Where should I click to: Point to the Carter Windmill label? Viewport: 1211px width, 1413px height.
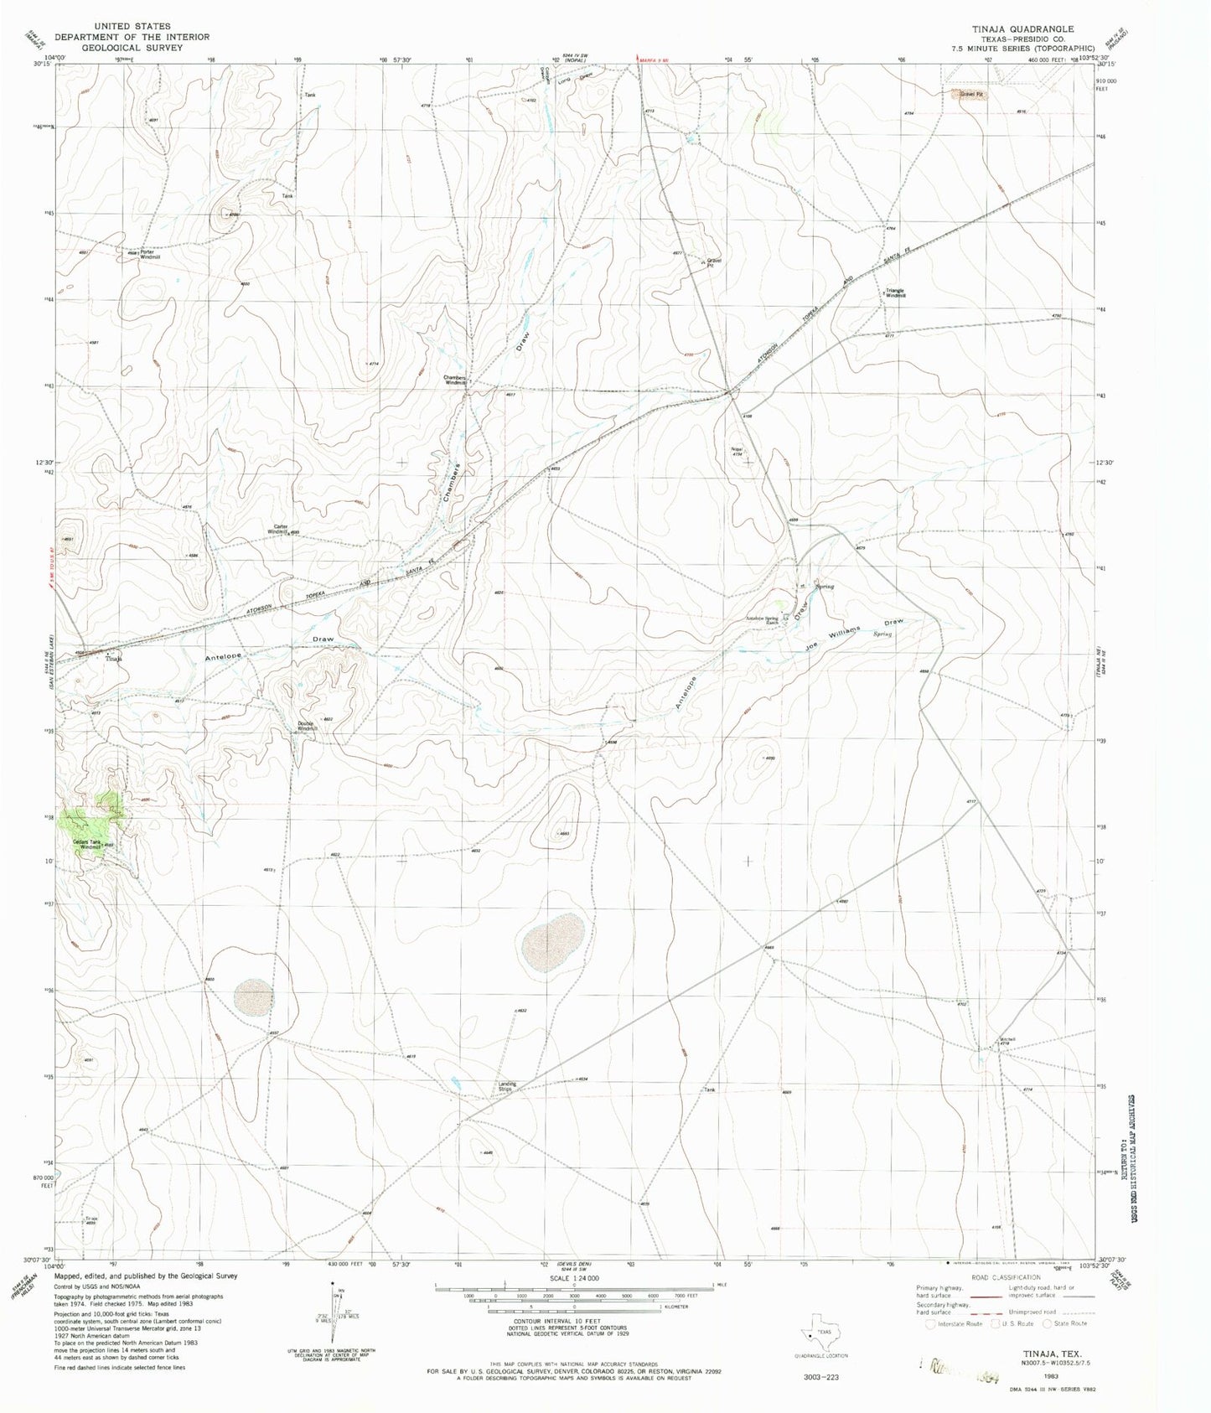click(278, 530)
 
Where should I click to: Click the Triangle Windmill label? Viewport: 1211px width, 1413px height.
click(895, 293)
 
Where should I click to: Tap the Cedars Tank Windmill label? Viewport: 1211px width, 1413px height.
click(87, 844)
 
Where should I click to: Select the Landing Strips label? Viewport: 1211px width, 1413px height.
click(505, 1087)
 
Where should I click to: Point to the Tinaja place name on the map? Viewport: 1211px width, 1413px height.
click(113, 659)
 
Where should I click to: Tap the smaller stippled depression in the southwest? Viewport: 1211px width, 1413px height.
click(253, 997)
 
